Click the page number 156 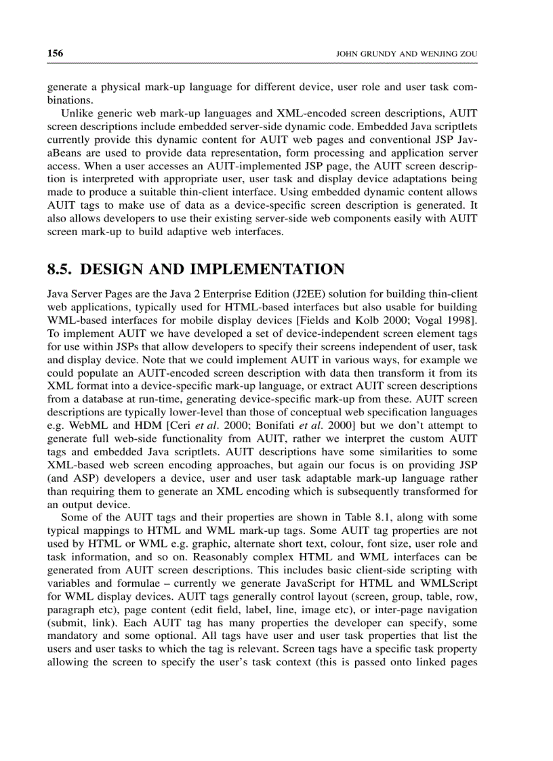click(55, 54)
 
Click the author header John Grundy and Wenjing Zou click(407, 54)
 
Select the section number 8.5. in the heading click(61, 270)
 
